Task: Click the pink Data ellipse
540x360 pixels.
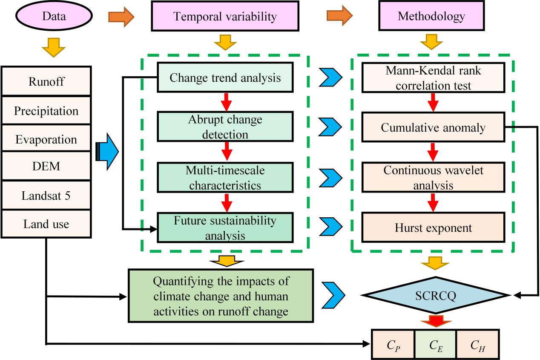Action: point(54,17)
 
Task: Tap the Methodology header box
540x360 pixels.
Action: point(431,17)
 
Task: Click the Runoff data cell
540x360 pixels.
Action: point(46,81)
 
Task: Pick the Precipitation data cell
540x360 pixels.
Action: point(46,111)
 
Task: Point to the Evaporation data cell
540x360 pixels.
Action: point(46,139)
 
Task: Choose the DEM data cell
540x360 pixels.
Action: point(46,167)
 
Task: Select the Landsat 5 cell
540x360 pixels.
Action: point(46,195)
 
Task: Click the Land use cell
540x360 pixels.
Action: point(46,223)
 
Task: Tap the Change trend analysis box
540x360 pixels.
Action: point(225,78)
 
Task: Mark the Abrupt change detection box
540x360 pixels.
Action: point(225,127)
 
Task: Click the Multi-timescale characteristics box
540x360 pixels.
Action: point(225,178)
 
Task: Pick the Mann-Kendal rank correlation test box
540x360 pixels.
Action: point(432,78)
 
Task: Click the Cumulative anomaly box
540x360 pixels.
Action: point(432,127)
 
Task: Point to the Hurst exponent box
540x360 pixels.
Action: point(432,228)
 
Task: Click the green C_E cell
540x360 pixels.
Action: point(435,344)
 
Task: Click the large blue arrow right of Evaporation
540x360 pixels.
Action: point(108,150)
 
